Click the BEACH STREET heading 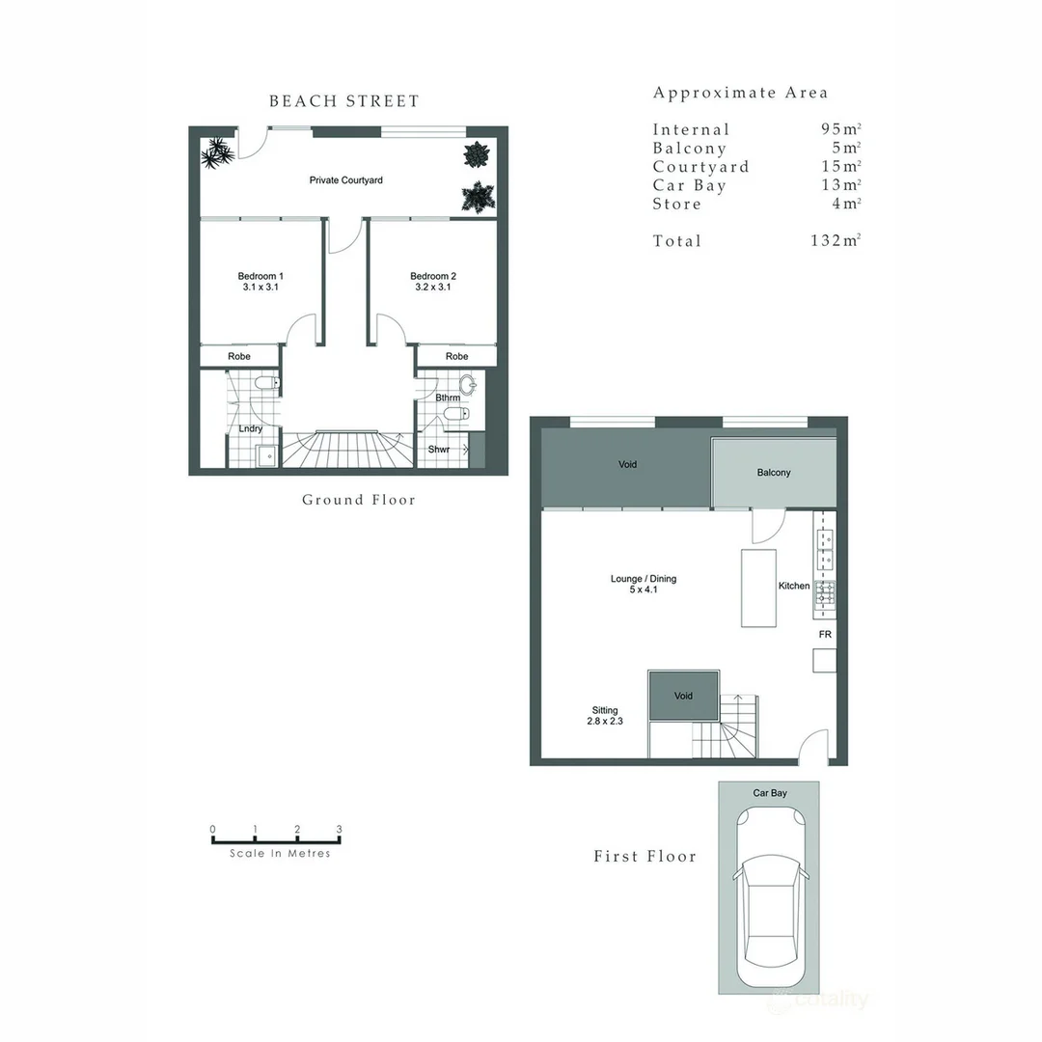(344, 101)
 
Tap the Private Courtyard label (345, 180)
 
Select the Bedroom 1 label (260, 276)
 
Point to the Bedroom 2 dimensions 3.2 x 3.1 (432, 288)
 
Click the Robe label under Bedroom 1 (239, 356)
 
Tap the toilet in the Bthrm (456, 415)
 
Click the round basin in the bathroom (469, 384)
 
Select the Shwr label (439, 450)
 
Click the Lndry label (251, 428)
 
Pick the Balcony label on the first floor (774, 473)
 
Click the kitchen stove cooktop (825, 593)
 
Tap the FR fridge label (825, 635)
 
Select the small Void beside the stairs (684, 696)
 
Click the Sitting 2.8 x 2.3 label (605, 716)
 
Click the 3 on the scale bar (339, 830)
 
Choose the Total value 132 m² (836, 240)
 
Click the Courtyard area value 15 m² (841, 166)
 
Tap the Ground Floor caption (359, 500)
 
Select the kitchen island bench (759, 589)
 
